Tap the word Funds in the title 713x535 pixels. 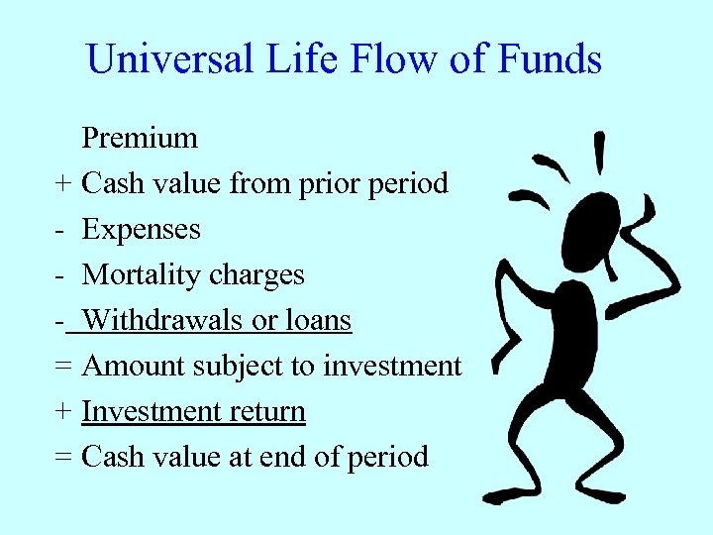pos(550,59)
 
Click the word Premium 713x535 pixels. pos(140,139)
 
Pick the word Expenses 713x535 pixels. pos(141,230)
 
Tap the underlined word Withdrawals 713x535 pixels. pos(160,320)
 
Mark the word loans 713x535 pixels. pos(318,320)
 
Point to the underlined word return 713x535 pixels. pos(270,411)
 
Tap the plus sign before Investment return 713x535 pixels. pos(63,412)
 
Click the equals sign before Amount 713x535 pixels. pos(63,367)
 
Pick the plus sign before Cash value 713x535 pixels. pos(63,184)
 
